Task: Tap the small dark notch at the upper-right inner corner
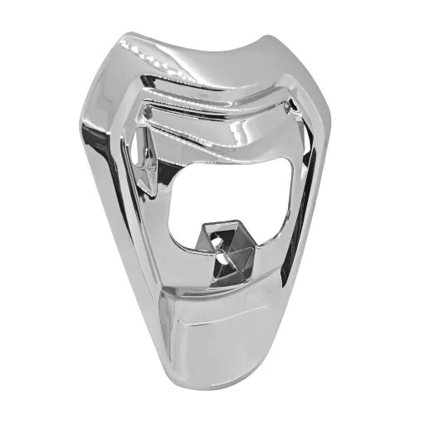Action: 288,108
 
